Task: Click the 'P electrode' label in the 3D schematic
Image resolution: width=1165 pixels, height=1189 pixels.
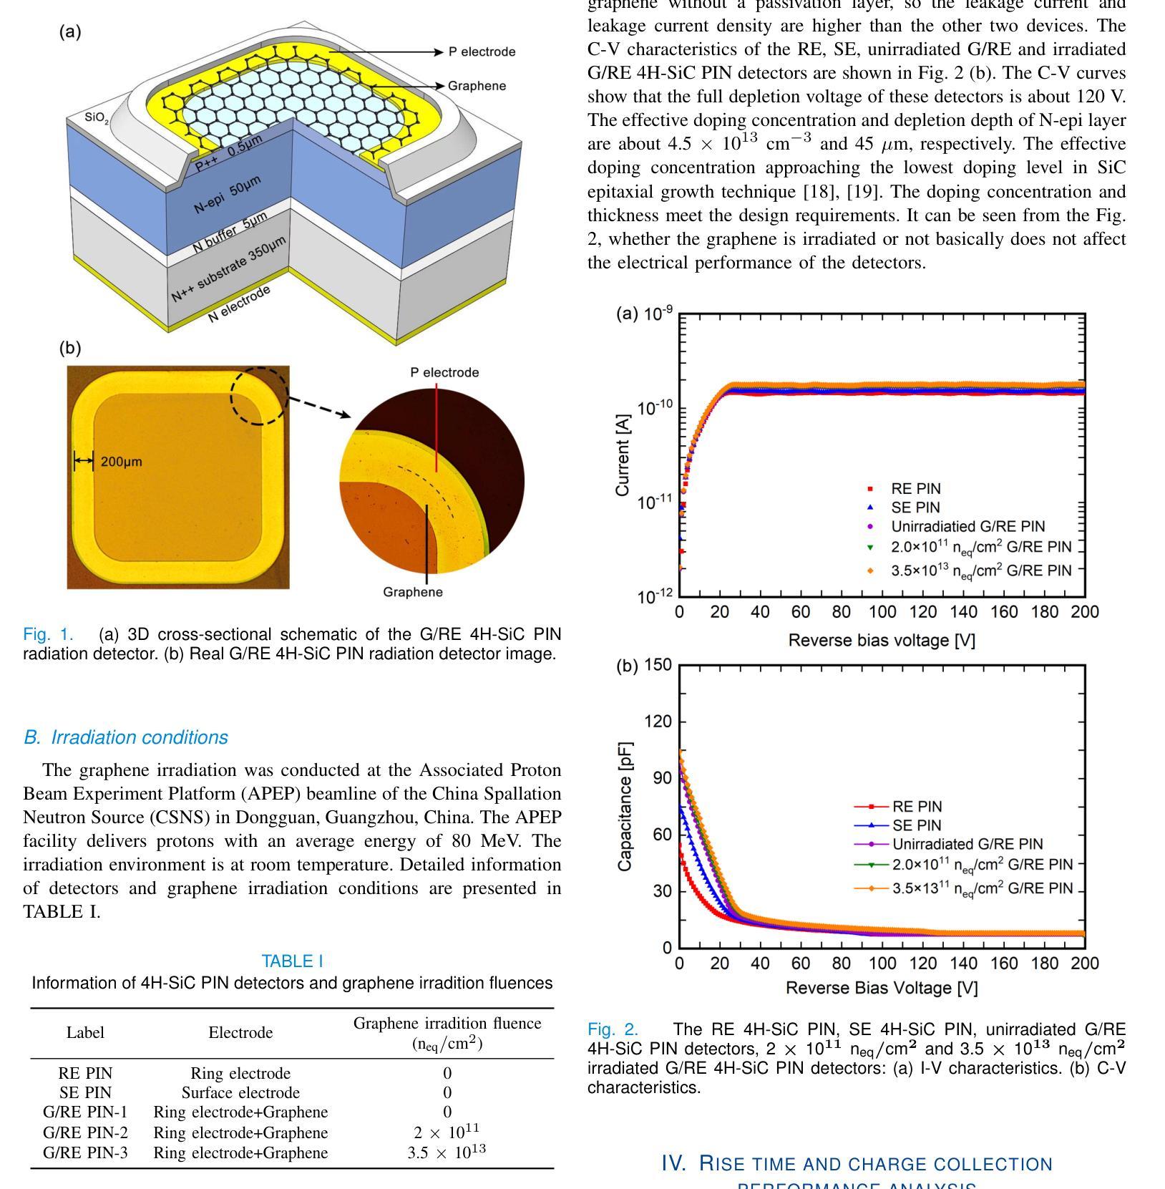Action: (x=482, y=52)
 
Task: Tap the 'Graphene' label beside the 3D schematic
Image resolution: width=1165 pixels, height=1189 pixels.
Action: (x=477, y=86)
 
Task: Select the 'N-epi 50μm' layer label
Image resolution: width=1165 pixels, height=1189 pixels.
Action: (x=228, y=193)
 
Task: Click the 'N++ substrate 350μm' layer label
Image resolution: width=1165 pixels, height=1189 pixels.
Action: (x=228, y=268)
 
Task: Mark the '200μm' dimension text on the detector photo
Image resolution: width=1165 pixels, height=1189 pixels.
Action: (x=122, y=462)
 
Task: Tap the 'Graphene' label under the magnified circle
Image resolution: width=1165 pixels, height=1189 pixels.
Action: (x=413, y=592)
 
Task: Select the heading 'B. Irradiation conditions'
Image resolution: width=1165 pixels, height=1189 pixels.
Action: (x=126, y=737)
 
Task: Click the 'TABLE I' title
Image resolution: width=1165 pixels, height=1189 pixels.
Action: (x=292, y=961)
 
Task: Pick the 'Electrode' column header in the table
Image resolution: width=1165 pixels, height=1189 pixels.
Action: (x=240, y=1032)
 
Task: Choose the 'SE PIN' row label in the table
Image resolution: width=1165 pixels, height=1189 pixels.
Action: (x=85, y=1092)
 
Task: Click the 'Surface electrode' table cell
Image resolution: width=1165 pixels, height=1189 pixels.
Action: (x=240, y=1092)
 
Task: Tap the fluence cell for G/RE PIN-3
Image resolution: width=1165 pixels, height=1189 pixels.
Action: (x=447, y=1152)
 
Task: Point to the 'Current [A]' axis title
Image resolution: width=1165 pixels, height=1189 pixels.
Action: (x=623, y=455)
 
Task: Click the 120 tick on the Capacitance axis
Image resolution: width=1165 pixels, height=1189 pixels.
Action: (x=658, y=722)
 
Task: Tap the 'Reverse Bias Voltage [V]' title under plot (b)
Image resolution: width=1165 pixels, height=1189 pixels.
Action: (x=882, y=988)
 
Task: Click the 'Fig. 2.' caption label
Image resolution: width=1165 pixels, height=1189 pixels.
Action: (x=613, y=1029)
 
